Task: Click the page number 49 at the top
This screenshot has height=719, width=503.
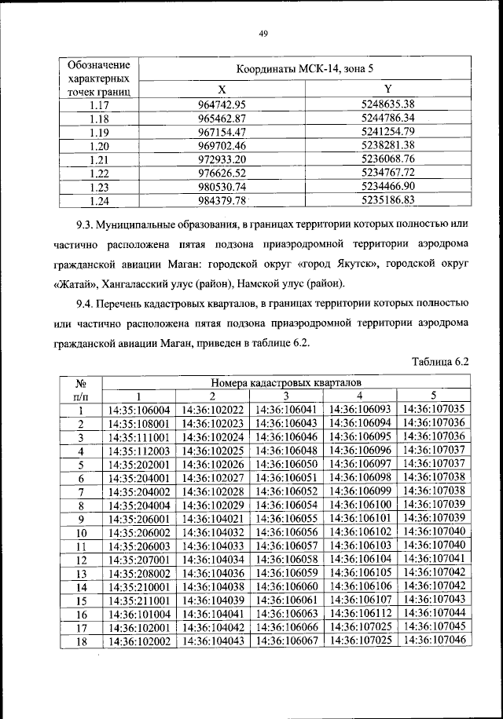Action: (263, 32)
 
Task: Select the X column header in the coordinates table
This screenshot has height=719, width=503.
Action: (222, 89)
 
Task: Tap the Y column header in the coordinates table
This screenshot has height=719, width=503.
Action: (387, 89)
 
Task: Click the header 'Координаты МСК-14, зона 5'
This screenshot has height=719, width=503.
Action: (305, 69)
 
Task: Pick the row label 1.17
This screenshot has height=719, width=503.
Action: (98, 104)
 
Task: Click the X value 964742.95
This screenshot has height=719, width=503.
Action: (222, 104)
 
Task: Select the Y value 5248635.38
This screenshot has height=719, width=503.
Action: (387, 104)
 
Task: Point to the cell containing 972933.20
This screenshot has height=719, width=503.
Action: (222, 159)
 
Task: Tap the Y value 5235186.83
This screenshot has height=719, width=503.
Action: (387, 201)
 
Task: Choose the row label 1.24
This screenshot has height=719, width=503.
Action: (98, 201)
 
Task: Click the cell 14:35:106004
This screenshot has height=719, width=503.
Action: (139, 409)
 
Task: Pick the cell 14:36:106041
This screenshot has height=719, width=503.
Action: (287, 409)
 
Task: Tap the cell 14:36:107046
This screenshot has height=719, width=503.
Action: (433, 641)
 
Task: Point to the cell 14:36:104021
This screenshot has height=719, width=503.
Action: (213, 518)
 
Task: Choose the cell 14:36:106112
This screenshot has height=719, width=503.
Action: (360, 613)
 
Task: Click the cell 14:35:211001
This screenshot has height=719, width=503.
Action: (139, 600)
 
